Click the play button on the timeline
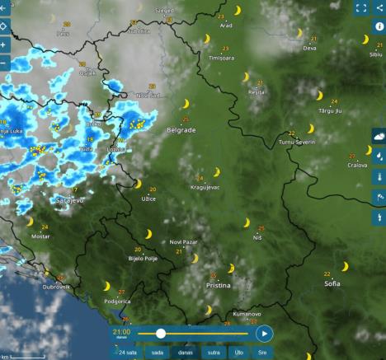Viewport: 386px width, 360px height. (x=263, y=333)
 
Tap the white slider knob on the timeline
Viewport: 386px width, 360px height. (x=161, y=333)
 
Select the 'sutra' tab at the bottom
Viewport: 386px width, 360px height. (x=213, y=352)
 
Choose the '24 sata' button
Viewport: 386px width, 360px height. (x=128, y=352)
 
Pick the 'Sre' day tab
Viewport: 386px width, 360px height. (x=262, y=352)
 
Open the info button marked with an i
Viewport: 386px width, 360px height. (x=379, y=26)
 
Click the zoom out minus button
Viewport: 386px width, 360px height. (x=5, y=63)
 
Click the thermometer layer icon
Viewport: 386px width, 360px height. (x=379, y=176)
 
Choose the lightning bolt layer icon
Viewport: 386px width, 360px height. (x=379, y=217)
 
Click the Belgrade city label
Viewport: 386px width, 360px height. (x=181, y=130)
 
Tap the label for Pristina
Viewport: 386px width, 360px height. (x=218, y=285)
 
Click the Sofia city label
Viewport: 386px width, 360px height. (x=332, y=283)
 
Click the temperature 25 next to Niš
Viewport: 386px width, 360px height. (x=261, y=228)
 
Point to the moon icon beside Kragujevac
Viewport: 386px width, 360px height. (x=217, y=172)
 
